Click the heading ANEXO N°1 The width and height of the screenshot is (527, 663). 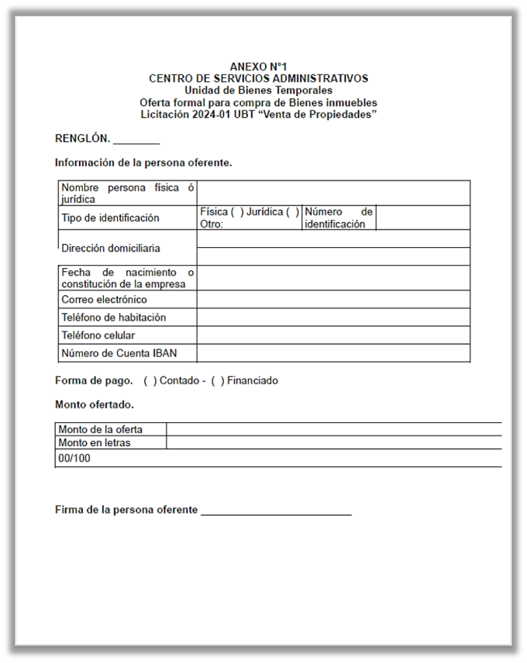pyautogui.click(x=258, y=67)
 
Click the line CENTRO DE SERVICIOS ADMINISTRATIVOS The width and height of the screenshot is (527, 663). pyautogui.click(x=258, y=78)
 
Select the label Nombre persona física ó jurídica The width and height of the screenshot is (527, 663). pyautogui.click(x=127, y=193)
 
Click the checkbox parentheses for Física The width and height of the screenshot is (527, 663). pyautogui.click(x=237, y=212)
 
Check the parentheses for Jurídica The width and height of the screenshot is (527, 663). pyautogui.click(x=291, y=212)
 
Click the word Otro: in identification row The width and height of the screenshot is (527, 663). pyautogui.click(x=212, y=225)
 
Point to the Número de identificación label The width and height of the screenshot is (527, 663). pyautogui.click(x=338, y=218)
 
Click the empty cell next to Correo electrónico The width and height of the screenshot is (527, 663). pyautogui.click(x=333, y=300)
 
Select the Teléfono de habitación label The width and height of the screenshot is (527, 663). pyautogui.click(x=113, y=318)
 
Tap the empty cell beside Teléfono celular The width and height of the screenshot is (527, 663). pyautogui.click(x=333, y=335)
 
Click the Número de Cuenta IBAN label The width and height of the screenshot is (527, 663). pyautogui.click(x=119, y=353)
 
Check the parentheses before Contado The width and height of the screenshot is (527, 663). pyautogui.click(x=150, y=381)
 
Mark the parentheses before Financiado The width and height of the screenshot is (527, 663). pyautogui.click(x=218, y=381)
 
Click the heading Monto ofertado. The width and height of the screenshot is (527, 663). pyautogui.click(x=95, y=404)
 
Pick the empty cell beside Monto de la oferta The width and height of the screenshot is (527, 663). pyautogui.click(x=333, y=429)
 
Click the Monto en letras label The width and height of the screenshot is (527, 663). pyautogui.click(x=95, y=443)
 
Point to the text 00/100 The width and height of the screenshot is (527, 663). pyautogui.click(x=74, y=459)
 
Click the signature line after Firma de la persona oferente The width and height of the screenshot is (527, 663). pyautogui.click(x=276, y=511)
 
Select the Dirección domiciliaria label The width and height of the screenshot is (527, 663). pyautogui.click(x=111, y=249)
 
